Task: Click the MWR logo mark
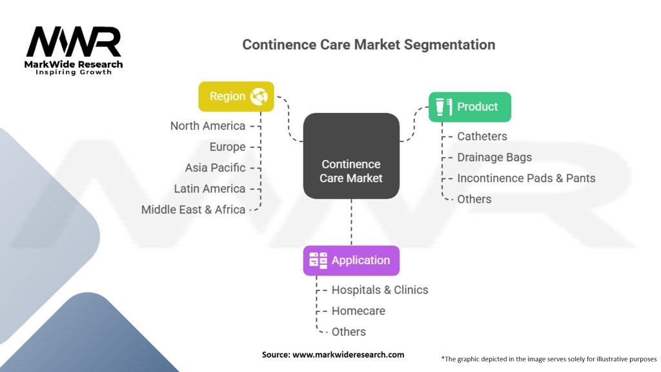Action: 74,42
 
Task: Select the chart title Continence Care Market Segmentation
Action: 369,45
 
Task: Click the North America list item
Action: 208,126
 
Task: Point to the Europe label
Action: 227,147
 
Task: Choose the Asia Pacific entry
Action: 215,167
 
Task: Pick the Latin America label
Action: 210,189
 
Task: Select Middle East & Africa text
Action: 194,209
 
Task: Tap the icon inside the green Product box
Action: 443,107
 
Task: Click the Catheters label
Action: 482,136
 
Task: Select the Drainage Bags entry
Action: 494,157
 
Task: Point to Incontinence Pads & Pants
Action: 526,178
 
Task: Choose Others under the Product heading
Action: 474,199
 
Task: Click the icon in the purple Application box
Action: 318,260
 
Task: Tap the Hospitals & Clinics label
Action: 380,290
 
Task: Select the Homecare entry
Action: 358,311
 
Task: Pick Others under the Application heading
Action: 349,331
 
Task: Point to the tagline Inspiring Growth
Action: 74,72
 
